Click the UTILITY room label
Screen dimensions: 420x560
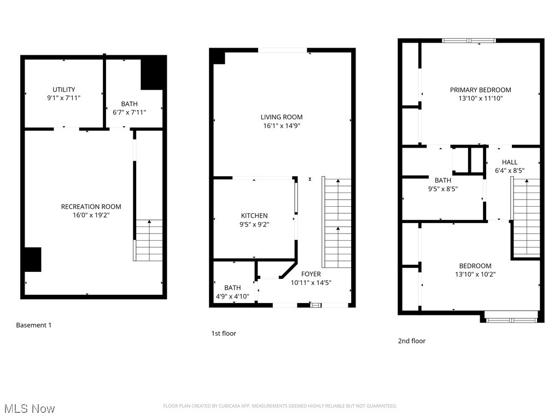(x=64, y=90)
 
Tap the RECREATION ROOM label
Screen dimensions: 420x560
(x=91, y=207)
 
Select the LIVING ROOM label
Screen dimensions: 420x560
(x=281, y=117)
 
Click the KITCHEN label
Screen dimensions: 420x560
(x=254, y=216)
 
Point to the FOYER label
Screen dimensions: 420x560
(x=311, y=274)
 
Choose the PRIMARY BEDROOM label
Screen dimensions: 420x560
(x=480, y=90)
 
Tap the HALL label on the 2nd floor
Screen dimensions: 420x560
(x=509, y=162)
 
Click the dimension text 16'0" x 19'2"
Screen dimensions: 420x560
(x=91, y=215)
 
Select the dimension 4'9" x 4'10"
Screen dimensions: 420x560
(x=232, y=296)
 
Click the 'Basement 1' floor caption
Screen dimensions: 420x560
(x=33, y=325)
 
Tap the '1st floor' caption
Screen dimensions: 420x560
(x=224, y=333)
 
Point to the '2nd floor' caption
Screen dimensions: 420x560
(x=411, y=341)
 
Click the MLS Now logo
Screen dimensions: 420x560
(x=30, y=409)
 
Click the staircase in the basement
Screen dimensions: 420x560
(x=149, y=240)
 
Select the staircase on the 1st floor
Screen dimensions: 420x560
(x=337, y=223)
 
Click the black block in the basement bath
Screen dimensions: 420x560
(x=153, y=72)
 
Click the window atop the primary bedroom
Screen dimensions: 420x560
(x=469, y=40)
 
